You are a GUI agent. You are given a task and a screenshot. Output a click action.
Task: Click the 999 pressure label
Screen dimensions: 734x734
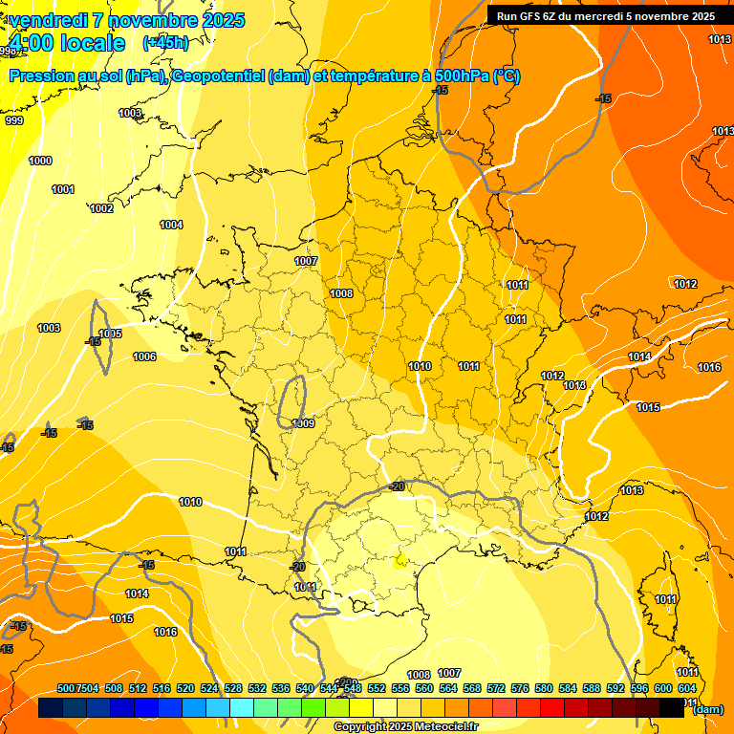[14, 120]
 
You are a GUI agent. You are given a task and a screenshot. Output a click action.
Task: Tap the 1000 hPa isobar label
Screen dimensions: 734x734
[40, 161]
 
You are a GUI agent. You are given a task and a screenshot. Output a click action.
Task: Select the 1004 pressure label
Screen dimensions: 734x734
[171, 225]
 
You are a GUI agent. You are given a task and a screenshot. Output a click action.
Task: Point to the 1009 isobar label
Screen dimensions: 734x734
[304, 422]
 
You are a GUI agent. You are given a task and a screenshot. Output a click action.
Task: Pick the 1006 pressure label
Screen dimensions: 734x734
[144, 356]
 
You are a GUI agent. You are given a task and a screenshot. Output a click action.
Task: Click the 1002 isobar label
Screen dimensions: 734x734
[101, 208]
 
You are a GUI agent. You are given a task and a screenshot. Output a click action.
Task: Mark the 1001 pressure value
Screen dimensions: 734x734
[63, 189]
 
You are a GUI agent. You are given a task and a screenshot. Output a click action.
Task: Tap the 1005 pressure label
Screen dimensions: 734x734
[111, 334]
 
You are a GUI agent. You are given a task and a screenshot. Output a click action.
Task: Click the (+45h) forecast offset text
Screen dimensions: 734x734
[165, 43]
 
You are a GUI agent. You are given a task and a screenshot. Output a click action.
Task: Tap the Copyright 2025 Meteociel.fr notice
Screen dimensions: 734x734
[405, 727]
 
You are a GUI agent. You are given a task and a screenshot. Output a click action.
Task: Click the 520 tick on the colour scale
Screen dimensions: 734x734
[185, 688]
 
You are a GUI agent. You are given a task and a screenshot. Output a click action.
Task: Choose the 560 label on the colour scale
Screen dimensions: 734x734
[424, 688]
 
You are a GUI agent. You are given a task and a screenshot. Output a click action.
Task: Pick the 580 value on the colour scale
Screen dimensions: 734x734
[544, 688]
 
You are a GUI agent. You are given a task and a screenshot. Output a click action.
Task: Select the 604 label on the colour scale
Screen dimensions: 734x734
[687, 688]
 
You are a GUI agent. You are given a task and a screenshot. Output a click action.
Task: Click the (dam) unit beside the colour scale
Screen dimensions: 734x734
[708, 708]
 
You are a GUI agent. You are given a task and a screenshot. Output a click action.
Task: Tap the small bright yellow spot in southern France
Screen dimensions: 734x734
[400, 560]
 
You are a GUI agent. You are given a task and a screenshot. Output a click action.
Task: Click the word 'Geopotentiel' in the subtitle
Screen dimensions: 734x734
[217, 76]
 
